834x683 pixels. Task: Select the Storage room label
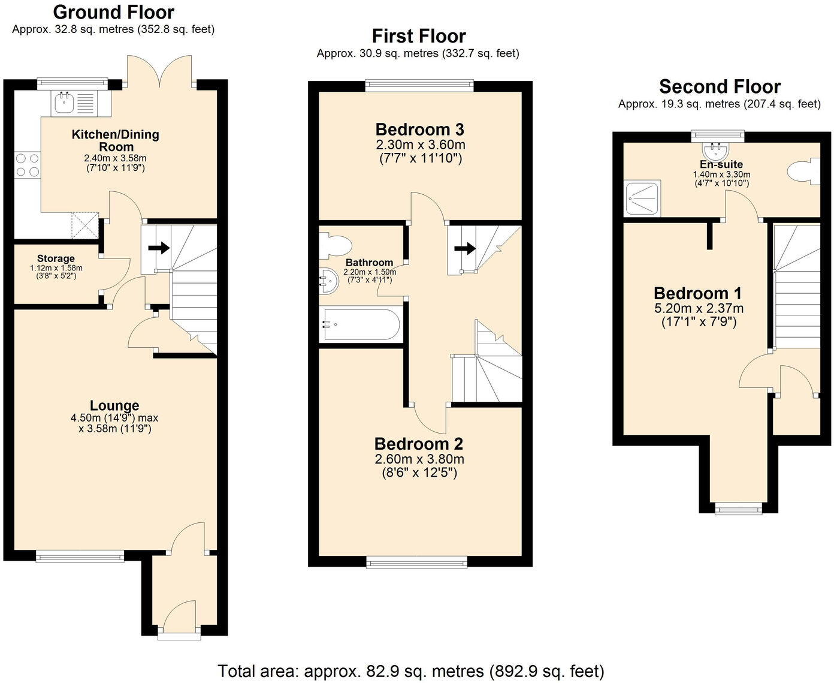[56, 258]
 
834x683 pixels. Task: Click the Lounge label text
[114, 406]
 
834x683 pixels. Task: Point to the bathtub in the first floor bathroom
[359, 324]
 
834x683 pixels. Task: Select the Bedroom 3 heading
[419, 130]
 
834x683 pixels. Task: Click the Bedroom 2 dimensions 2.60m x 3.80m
[419, 459]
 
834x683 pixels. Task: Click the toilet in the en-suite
[803, 172]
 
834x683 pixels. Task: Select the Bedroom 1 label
[697, 293]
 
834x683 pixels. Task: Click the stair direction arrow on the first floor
[464, 248]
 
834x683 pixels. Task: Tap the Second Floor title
[720, 87]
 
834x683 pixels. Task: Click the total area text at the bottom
[411, 670]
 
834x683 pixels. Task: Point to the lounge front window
[80, 556]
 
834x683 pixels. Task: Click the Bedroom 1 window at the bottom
[739, 510]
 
